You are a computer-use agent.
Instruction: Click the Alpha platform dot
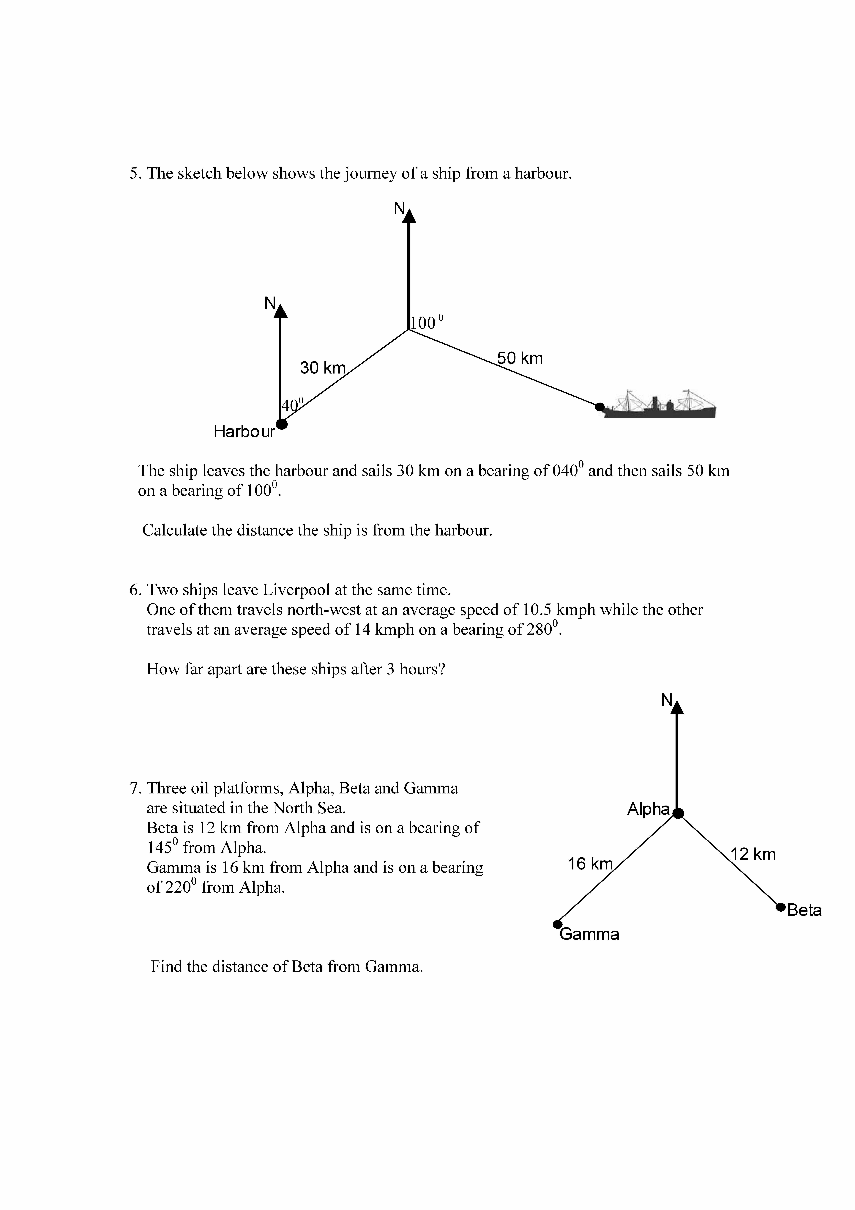tap(679, 813)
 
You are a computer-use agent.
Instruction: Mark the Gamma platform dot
tap(557, 924)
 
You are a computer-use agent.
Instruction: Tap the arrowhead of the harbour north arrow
tap(281, 311)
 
